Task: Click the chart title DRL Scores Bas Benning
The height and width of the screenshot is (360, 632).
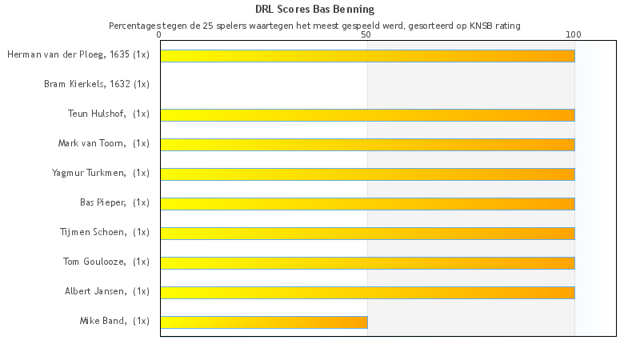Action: [314, 10]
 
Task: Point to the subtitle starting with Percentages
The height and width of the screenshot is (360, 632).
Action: [314, 26]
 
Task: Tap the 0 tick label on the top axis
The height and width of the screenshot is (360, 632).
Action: [160, 34]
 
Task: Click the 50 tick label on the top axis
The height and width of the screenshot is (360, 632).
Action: [366, 34]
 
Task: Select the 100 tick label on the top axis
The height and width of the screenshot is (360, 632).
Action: [574, 34]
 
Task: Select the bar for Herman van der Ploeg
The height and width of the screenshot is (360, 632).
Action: [367, 56]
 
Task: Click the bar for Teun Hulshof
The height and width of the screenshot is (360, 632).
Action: [367, 115]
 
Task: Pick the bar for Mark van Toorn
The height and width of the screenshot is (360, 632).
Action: [367, 145]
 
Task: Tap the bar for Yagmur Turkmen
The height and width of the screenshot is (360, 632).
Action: [367, 174]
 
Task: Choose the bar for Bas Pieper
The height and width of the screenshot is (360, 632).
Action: [367, 204]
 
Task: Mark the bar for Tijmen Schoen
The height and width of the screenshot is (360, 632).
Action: [367, 234]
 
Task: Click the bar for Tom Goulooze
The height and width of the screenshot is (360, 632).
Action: [367, 263]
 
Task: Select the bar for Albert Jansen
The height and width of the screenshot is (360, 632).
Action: [367, 293]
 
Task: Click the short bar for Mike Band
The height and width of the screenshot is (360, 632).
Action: [264, 322]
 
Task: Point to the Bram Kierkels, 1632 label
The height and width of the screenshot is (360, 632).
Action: [97, 84]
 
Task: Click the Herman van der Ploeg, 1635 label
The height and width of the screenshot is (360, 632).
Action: [78, 54]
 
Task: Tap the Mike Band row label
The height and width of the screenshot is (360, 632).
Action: [114, 321]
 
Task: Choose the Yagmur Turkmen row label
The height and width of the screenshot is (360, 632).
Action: [101, 173]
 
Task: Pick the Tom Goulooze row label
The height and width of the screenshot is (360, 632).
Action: [106, 262]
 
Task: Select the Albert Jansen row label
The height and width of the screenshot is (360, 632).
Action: [107, 291]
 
